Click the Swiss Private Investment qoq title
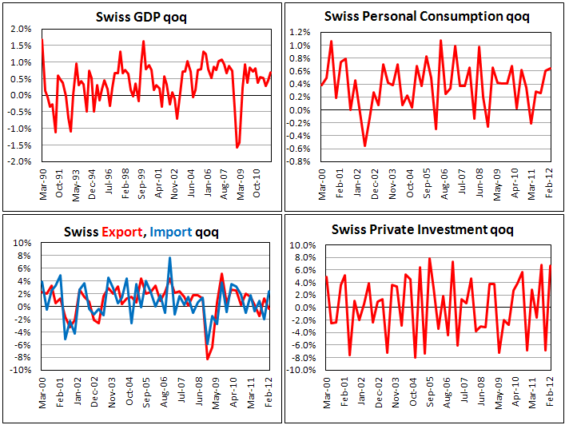423,230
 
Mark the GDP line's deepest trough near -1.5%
237,148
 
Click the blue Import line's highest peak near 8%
169,258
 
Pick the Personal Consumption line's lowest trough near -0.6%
365,146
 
